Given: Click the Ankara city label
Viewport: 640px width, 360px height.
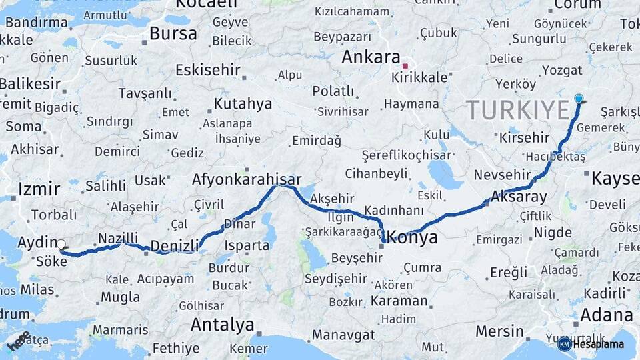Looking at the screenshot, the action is click(x=371, y=57).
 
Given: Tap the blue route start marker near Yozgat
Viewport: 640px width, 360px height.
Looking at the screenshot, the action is click(x=579, y=99).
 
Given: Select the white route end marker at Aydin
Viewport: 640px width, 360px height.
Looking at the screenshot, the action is click(x=61, y=245).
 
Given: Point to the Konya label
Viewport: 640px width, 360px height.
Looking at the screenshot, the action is click(x=413, y=237).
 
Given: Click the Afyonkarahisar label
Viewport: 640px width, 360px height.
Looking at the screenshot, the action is click(x=247, y=179).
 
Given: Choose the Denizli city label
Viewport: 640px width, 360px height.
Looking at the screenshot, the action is click(x=175, y=246).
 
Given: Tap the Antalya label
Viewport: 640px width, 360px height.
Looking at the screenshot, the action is click(x=222, y=325).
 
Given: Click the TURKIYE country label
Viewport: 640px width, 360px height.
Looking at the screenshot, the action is click(x=517, y=109).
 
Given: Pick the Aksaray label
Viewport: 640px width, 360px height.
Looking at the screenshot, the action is click(x=519, y=197).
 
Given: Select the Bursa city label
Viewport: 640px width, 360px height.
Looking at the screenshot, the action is click(x=173, y=33).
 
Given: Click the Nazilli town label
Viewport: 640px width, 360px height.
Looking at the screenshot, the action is click(x=118, y=238).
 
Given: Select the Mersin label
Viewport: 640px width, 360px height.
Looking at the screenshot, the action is click(x=499, y=331).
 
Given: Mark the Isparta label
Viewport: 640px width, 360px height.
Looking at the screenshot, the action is click(x=247, y=245).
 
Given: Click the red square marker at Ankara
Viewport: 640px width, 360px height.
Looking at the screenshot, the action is click(x=405, y=66).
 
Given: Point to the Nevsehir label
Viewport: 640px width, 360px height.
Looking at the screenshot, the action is click(x=501, y=175).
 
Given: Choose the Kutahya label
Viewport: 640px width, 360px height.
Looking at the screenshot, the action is click(x=243, y=103).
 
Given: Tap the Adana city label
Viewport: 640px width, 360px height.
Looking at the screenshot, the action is click(x=606, y=314).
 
